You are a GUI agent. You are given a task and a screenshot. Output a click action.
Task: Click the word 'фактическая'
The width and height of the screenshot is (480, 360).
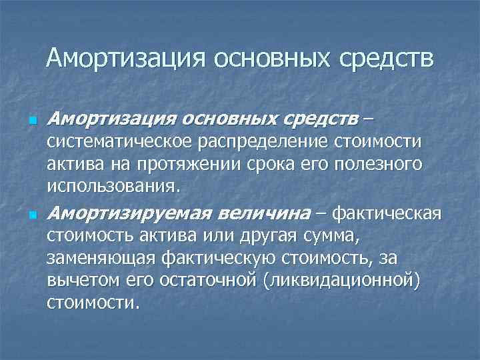387,214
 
